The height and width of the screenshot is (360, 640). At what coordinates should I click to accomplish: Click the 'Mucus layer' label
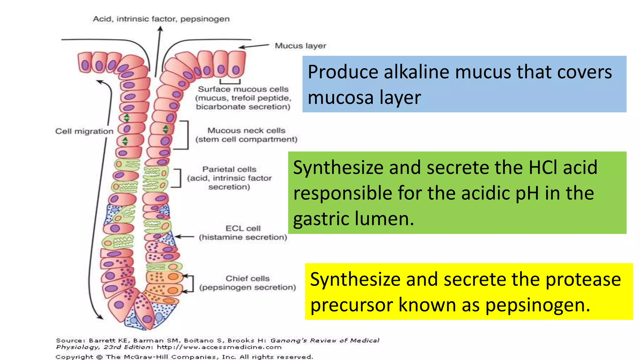tap(300, 46)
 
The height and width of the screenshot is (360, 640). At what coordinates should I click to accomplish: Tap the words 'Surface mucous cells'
tap(243, 89)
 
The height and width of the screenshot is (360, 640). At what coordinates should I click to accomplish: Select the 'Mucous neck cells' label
tap(246, 131)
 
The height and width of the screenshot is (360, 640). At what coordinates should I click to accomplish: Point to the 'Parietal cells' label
tap(229, 169)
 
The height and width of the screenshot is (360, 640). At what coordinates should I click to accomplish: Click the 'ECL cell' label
tap(243, 228)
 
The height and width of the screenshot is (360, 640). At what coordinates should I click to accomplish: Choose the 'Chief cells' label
tap(247, 278)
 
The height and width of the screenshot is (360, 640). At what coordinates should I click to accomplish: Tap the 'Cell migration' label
tap(84, 131)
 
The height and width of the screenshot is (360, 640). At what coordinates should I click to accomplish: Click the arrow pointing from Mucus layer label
tap(254, 46)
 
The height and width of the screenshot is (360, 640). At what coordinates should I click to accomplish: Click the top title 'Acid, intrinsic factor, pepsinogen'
tap(161, 19)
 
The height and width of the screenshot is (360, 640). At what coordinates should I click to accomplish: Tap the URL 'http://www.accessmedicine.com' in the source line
tap(219, 347)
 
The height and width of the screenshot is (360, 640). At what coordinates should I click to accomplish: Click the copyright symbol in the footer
tap(99, 357)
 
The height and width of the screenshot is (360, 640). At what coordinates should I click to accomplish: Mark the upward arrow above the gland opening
tap(159, 50)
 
